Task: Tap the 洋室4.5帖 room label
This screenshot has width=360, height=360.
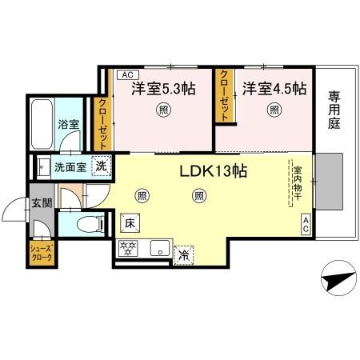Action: [x=274, y=88]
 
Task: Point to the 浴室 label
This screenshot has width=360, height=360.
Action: [x=68, y=125]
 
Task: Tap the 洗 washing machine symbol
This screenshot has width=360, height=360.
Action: [x=102, y=167]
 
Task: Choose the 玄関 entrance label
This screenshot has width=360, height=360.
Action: [x=42, y=203]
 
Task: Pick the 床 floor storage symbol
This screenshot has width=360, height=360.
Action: [x=129, y=222]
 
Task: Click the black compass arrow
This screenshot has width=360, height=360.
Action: [x=339, y=280]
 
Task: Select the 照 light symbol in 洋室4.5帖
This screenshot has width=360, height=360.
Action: [x=274, y=110]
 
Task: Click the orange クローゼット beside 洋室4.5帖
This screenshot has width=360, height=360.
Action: [x=225, y=95]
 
